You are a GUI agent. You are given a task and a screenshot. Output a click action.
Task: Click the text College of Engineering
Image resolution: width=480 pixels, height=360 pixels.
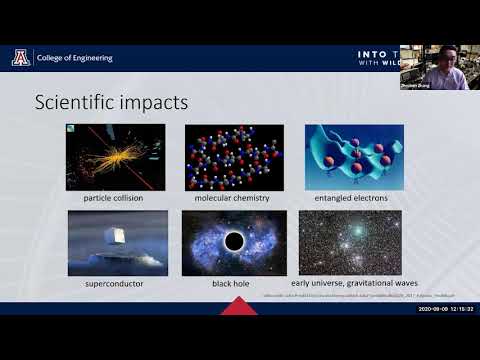[75, 58]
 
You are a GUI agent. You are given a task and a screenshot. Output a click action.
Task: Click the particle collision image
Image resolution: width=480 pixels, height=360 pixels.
[115, 157]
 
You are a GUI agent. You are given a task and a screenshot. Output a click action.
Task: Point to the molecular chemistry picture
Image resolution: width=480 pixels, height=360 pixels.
[234, 157]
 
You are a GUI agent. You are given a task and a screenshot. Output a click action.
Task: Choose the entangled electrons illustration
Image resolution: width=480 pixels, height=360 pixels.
[354, 157]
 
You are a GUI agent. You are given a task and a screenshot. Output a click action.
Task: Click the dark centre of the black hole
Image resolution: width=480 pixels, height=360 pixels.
[234, 241]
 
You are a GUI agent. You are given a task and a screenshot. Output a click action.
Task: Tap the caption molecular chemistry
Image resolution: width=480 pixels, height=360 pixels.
[234, 198]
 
